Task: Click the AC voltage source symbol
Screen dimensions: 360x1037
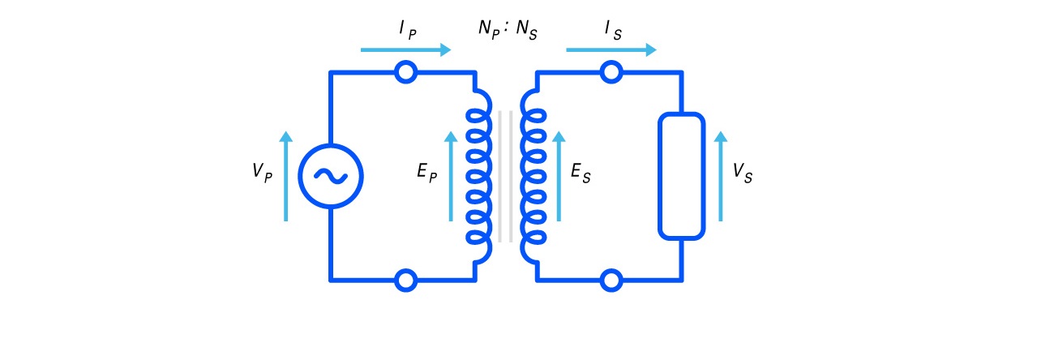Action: point(331,176)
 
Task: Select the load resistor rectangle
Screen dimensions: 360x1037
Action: point(681,176)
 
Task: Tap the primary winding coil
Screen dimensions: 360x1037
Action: point(479,176)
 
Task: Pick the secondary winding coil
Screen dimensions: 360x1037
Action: point(532,176)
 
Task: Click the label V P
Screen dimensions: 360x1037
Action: point(261,173)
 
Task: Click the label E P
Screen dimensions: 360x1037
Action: point(426,173)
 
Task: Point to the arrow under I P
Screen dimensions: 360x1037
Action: point(405,50)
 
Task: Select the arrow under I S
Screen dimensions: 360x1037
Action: point(611,50)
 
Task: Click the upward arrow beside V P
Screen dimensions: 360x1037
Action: point(285,176)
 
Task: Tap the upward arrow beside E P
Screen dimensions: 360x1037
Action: point(451,176)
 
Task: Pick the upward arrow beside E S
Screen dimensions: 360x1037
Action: point(559,176)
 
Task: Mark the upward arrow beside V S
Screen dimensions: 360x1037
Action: point(721,176)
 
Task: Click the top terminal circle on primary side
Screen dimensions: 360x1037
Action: point(405,72)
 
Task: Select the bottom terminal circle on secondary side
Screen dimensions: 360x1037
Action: point(611,281)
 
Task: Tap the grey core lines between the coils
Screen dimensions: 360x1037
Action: point(505,176)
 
